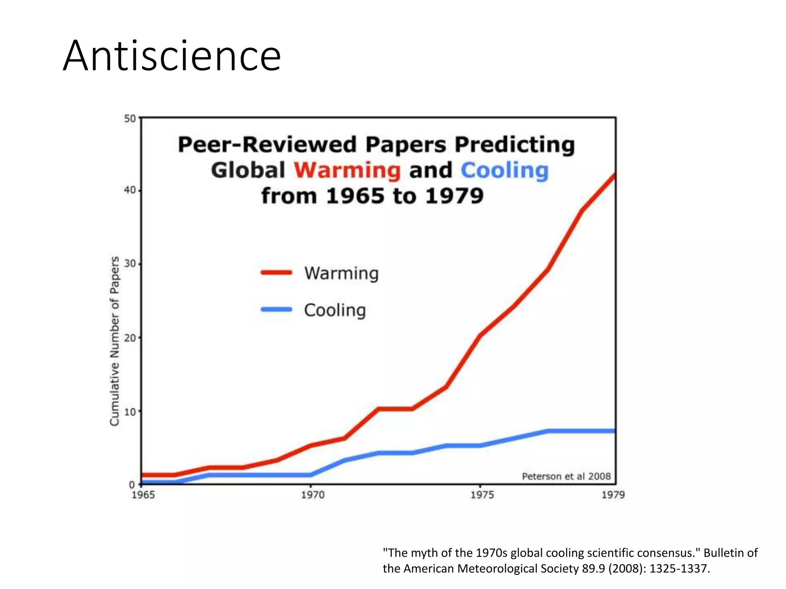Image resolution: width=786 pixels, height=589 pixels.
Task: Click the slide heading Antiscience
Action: [172, 56]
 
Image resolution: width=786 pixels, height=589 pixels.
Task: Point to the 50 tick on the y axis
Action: [130, 118]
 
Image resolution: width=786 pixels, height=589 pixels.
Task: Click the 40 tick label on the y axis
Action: [130, 191]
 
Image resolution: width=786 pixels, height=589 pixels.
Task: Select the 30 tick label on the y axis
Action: [130, 264]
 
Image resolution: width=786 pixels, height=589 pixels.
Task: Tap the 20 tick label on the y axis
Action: [130, 338]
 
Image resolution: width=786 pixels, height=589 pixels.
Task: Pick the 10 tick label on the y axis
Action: [130, 411]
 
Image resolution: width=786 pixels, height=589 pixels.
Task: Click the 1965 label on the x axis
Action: [143, 495]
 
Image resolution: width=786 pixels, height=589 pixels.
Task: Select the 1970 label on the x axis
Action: [312, 495]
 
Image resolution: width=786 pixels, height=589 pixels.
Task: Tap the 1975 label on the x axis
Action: [482, 495]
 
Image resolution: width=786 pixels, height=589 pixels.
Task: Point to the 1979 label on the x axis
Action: [613, 495]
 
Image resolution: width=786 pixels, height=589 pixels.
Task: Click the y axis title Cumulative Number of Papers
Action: [115, 341]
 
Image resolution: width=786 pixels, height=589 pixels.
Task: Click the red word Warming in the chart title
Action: [347, 170]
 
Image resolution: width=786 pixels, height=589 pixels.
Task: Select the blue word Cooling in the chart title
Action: [504, 170]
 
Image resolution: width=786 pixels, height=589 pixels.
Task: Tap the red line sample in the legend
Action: [276, 273]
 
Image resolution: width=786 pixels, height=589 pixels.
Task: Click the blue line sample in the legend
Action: [276, 309]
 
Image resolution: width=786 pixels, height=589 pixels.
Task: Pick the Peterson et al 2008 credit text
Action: [566, 476]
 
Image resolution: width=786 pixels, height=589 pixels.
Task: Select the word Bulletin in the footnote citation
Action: [725, 553]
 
